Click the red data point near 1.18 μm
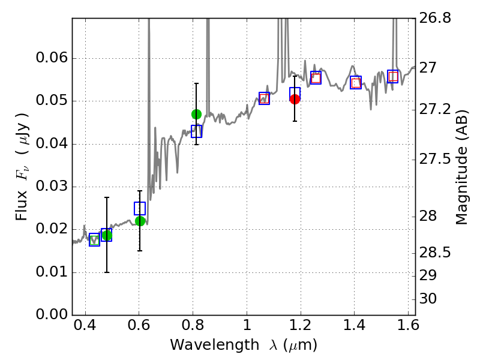pos(295,99)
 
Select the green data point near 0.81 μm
pos(196,114)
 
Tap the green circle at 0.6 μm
pos(140,221)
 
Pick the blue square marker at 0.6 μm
pos(140,208)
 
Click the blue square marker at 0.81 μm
pos(196,131)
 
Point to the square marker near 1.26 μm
pos(316,77)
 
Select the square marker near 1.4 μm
pos(356,83)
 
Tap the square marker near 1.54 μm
pos(393,76)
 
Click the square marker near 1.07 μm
pos(264,98)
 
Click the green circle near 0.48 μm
pos(107,235)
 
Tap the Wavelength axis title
pos(244,345)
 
